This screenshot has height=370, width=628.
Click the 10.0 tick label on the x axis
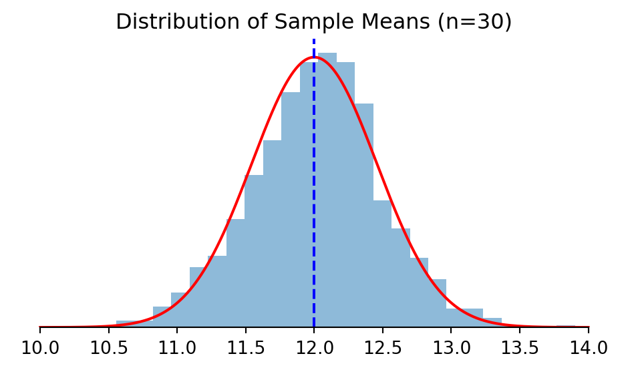[40, 349]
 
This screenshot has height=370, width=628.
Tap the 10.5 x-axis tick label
[108, 349]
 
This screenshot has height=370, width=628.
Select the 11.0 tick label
[177, 349]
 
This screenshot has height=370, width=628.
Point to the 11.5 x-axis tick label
[245, 349]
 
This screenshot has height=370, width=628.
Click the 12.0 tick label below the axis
[314, 349]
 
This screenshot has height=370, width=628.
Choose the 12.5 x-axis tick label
[382, 349]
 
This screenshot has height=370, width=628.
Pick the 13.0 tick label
[451, 349]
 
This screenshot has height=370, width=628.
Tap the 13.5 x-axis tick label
[519, 349]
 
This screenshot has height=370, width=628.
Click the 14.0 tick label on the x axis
[588, 349]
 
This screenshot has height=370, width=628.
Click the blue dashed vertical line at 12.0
[314, 200]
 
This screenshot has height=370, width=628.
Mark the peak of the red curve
[314, 57]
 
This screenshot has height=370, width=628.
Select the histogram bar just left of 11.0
[162, 317]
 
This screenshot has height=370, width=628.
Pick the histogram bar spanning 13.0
[455, 318]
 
